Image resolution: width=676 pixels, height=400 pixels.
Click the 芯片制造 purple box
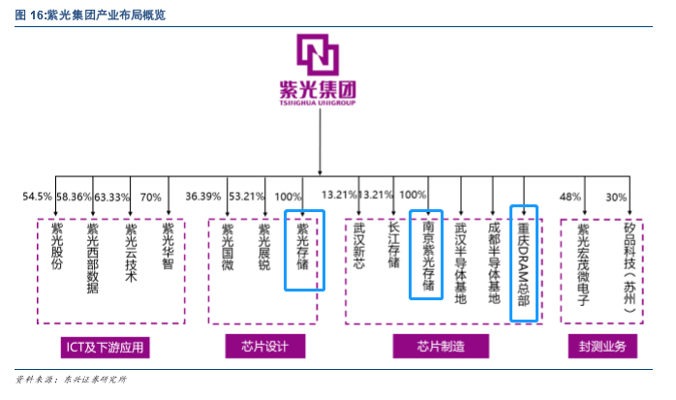(x=442, y=346)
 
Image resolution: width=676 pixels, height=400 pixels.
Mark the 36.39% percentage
(x=202, y=197)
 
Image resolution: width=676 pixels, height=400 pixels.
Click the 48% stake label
(x=570, y=197)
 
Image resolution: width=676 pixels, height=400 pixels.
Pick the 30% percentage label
(x=616, y=197)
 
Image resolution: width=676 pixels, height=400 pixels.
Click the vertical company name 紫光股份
(x=56, y=245)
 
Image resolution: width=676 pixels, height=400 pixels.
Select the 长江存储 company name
(x=393, y=245)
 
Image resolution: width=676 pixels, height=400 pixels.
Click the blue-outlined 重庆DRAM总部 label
(x=523, y=262)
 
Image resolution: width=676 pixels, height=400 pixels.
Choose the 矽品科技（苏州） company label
(x=630, y=264)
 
